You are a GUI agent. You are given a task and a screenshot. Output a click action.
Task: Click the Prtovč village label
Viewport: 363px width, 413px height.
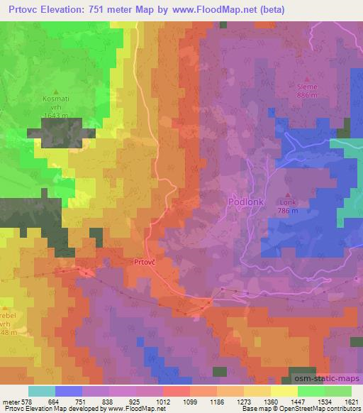[145, 262]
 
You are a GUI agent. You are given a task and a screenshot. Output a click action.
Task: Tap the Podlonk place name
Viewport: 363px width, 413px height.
[247, 202]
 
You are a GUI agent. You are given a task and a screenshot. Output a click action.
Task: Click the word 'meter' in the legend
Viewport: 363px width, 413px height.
[9, 402]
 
